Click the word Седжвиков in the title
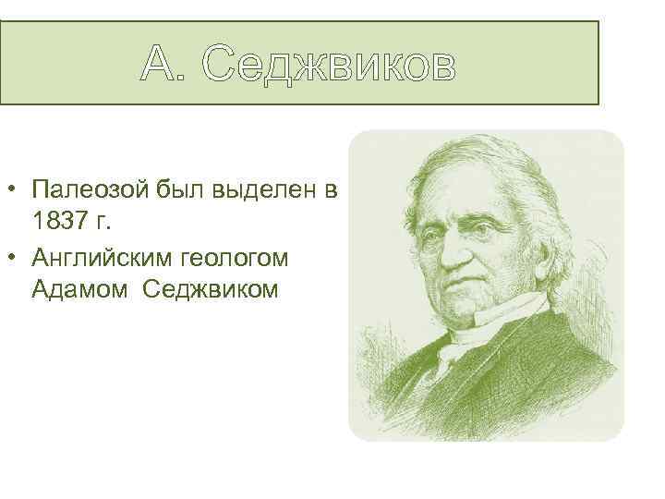point(328,65)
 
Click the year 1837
point(57,222)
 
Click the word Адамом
point(78,288)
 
